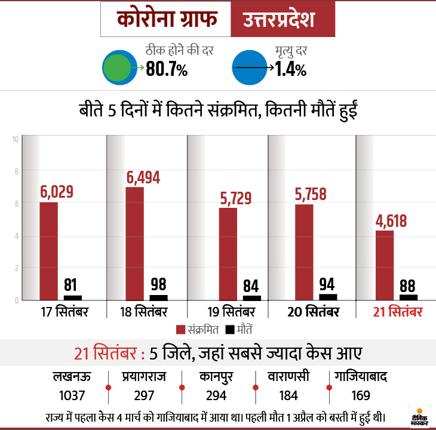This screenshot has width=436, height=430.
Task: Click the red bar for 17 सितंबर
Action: (49, 251)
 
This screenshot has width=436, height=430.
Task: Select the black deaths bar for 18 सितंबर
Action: (159, 297)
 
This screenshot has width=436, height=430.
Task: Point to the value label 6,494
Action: (143, 177)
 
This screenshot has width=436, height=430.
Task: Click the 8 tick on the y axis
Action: (16, 171)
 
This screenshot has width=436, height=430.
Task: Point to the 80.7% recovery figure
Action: (167, 69)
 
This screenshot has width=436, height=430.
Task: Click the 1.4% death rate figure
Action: (291, 69)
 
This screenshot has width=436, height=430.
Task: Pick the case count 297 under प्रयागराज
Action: (144, 395)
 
